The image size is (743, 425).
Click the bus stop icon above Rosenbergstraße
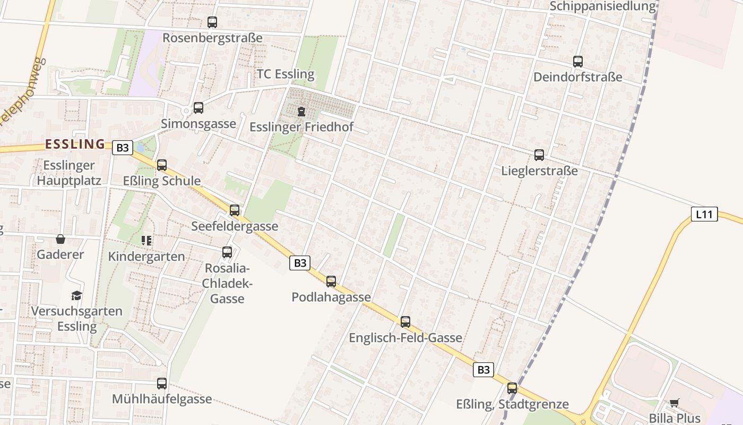[212, 22]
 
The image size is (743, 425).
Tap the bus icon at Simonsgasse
[198, 108]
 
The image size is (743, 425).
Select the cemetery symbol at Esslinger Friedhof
[301, 112]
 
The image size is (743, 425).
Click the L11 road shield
[704, 215]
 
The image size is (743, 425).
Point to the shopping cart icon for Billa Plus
[674, 403]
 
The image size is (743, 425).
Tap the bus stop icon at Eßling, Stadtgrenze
[512, 388]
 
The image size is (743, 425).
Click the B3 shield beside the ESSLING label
[123, 148]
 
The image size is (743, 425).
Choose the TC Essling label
[286, 74]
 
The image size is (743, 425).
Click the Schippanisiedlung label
[603, 6]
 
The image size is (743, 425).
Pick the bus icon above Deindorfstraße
[578, 62]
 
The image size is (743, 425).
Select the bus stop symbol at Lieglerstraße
[539, 155]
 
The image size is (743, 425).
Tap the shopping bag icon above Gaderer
[61, 239]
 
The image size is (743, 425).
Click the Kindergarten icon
[146, 241]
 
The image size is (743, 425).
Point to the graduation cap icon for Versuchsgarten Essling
[77, 295]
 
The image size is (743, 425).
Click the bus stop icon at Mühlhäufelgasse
[162, 384]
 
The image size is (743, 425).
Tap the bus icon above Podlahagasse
[331, 282]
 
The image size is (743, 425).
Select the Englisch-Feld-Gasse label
[405, 338]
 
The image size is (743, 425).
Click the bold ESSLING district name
[75, 144]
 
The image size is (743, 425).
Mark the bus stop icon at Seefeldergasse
[235, 210]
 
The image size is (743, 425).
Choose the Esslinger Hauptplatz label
[69, 173]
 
